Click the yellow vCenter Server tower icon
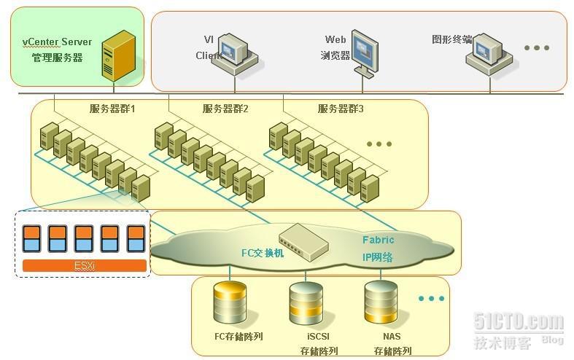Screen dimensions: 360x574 [x=118, y=55]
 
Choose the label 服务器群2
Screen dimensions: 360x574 [x=225, y=109]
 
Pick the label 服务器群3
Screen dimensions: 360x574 [x=341, y=109]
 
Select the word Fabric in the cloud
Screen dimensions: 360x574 [x=379, y=240]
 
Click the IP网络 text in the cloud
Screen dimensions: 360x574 [x=378, y=257]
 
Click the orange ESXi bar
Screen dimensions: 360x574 [x=85, y=266]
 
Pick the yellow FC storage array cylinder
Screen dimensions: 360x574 [x=230, y=302]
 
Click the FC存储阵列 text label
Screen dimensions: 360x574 [x=238, y=337]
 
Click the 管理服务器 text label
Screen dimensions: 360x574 [x=57, y=58]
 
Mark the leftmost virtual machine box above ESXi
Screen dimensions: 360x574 [x=31, y=238]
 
